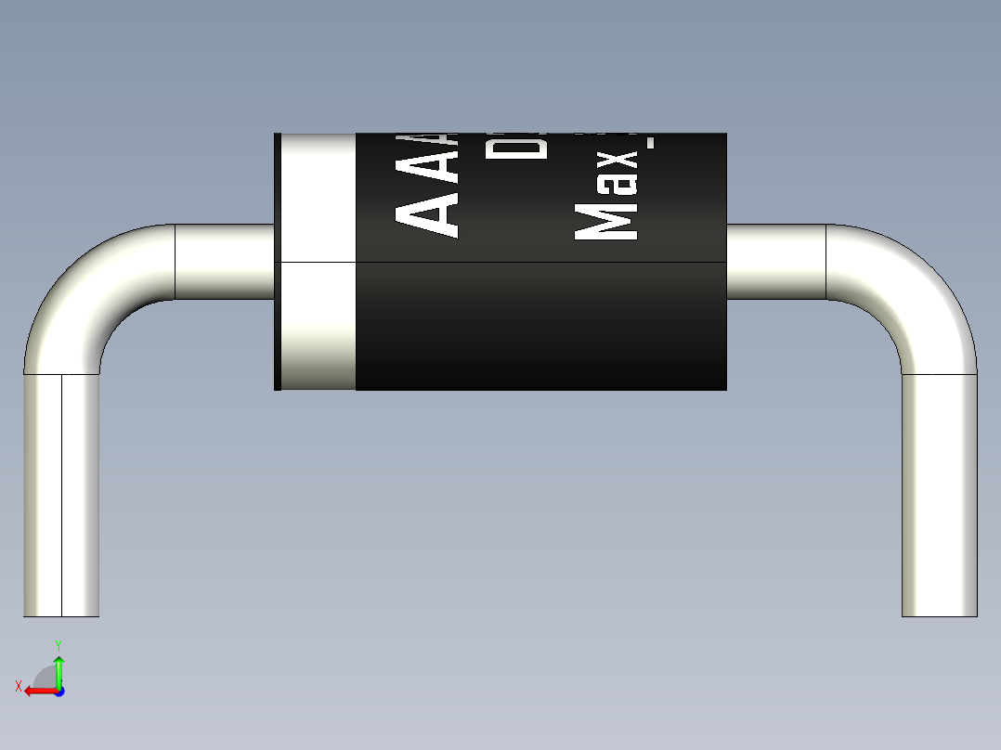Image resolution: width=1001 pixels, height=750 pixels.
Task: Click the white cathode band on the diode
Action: [318, 261]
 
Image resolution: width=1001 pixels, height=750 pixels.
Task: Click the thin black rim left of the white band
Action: [277, 261]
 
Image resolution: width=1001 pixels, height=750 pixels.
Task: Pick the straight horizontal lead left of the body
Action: [225, 262]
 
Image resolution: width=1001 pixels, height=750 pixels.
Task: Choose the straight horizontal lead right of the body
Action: [776, 262]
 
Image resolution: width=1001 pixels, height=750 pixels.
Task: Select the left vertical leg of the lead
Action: [61, 492]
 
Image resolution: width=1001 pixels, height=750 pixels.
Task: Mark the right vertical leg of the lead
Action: [940, 492]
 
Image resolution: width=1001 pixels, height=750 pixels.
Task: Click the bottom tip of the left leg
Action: [61, 613]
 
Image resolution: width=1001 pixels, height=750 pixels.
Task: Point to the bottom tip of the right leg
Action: [940, 613]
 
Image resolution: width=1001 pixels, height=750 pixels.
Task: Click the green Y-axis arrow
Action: [58, 669]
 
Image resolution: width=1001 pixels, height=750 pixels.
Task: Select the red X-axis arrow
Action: [37, 691]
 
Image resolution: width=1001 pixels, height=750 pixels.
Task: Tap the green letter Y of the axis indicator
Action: [58, 644]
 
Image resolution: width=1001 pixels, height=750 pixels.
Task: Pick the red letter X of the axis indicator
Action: [18, 687]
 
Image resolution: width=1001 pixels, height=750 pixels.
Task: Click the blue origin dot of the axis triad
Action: [58, 691]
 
